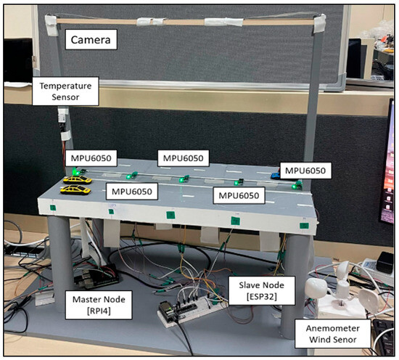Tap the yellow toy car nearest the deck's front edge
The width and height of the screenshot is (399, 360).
(x=74, y=189)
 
